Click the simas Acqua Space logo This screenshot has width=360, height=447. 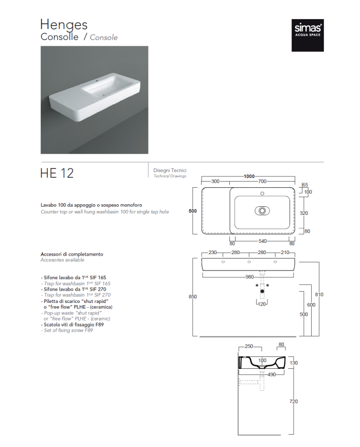click(x=308, y=35)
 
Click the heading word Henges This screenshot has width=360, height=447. click(x=64, y=25)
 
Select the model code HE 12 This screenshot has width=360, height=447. click(x=57, y=173)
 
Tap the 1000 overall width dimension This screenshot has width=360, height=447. click(x=249, y=176)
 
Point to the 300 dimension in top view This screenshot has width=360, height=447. click(x=215, y=181)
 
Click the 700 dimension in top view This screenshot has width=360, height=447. click(x=262, y=181)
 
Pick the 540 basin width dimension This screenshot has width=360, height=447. click(x=262, y=241)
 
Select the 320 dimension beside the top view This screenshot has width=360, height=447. click(x=304, y=213)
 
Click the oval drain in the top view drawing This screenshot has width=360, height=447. click(x=262, y=211)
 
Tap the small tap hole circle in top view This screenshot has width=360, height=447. click(x=262, y=193)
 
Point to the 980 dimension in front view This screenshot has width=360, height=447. click(x=249, y=277)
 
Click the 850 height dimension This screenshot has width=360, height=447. click(x=193, y=296)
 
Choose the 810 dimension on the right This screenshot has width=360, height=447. click(x=319, y=294)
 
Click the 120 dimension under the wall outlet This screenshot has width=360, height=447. click(x=262, y=304)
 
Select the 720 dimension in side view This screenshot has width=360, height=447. click(x=294, y=401)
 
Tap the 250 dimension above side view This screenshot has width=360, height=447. click(x=249, y=346)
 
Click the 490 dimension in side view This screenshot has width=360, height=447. click(x=272, y=374)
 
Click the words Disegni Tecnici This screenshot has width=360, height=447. click(x=170, y=170)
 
